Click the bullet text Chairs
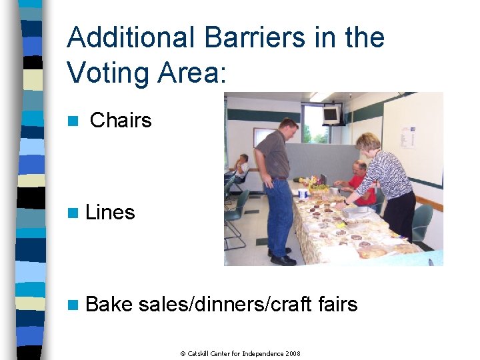point(121,121)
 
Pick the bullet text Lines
point(110,213)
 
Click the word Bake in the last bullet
point(109,305)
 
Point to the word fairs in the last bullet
point(335,305)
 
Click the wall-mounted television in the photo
point(331,114)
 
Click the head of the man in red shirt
point(359,168)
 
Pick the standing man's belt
point(278,178)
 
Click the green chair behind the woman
point(423,221)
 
